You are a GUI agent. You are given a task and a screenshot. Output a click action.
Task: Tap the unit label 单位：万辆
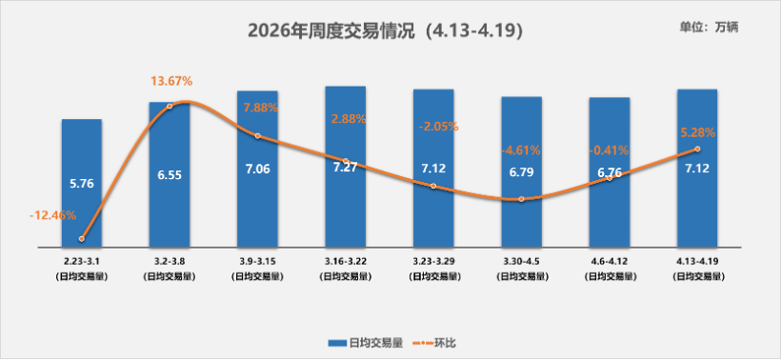click(710, 27)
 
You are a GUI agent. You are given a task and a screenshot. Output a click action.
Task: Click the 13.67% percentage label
click(170, 82)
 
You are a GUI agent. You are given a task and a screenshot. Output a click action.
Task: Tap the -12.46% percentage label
click(52, 215)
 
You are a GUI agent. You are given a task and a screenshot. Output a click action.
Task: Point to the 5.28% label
click(697, 132)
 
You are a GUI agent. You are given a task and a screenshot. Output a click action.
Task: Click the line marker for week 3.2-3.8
click(170, 106)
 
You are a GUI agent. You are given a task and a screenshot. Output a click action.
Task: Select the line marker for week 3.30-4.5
click(521, 199)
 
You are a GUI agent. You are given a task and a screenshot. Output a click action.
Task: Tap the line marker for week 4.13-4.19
click(697, 149)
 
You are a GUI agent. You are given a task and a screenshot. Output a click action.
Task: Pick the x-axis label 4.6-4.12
click(609, 259)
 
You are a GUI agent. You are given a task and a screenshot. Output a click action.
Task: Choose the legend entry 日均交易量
click(367, 341)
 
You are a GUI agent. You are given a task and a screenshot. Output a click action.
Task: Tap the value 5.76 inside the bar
click(82, 183)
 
